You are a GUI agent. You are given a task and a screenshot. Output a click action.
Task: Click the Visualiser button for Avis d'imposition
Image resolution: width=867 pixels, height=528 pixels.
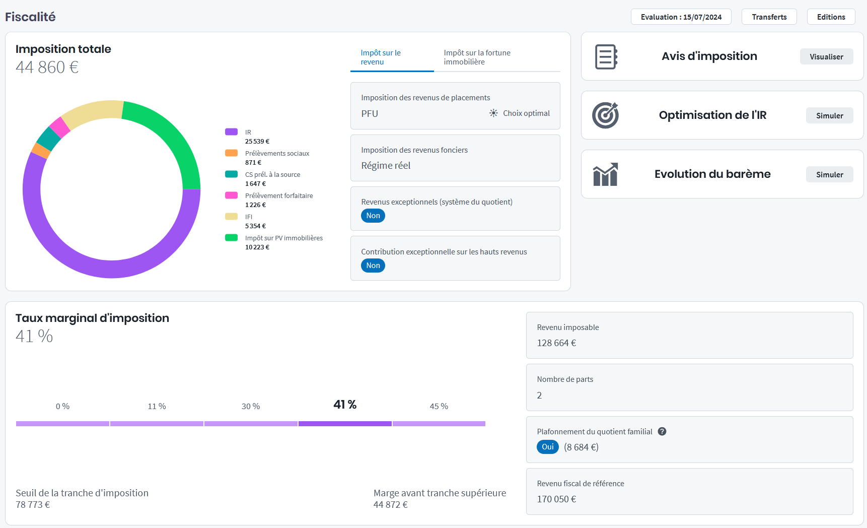point(826,56)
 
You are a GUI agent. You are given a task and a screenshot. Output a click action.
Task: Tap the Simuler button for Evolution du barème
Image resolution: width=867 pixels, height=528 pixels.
point(829,174)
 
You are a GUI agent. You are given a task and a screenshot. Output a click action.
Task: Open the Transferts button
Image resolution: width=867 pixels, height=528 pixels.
point(769,17)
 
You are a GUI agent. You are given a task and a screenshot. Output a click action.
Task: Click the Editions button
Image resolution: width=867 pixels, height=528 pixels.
point(831,17)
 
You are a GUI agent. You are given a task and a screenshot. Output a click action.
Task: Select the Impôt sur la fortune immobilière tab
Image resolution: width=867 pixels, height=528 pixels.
point(477,57)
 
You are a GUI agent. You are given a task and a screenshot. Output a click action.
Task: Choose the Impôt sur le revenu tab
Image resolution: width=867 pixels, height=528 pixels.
point(381,57)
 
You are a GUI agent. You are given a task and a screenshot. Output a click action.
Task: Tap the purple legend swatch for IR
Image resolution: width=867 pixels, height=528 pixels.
point(231,132)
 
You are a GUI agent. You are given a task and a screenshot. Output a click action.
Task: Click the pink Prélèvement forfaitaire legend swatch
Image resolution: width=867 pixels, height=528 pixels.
point(231,195)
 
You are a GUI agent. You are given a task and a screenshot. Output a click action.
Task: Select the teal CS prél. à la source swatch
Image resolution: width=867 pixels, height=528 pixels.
point(231,174)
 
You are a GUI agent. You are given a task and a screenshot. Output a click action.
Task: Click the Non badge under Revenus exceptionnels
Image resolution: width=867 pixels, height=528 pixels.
point(373,216)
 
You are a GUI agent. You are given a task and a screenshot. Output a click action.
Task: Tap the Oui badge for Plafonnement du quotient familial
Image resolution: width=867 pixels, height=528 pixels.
point(548,447)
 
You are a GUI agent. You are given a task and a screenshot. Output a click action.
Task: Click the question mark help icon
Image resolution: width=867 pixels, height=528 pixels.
point(662,431)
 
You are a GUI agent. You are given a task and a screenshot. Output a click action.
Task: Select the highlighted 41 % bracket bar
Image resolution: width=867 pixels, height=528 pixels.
point(345,424)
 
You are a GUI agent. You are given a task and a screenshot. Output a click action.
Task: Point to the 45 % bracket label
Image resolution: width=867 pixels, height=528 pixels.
point(439,406)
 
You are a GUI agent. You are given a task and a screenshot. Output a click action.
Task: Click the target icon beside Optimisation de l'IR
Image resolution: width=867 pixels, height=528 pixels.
point(605,115)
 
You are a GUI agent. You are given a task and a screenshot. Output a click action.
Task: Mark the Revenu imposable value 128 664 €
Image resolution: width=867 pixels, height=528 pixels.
point(556,343)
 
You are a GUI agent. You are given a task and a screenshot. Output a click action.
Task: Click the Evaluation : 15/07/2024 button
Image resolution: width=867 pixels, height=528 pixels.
point(681,17)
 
